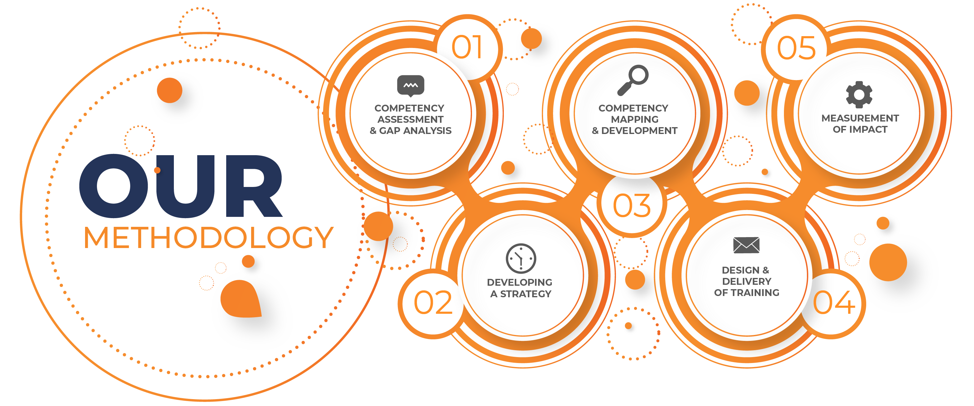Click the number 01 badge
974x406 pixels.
[468, 47]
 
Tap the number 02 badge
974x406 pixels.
[433, 303]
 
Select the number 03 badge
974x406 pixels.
[632, 206]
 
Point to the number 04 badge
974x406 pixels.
[834, 303]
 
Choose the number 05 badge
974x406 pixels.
[796, 47]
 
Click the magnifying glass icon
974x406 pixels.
[633, 80]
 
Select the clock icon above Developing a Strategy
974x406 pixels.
[521, 259]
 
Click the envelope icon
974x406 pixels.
[746, 245]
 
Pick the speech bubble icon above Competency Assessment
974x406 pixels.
[411, 86]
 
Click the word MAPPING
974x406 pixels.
[635, 119]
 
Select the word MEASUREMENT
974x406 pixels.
[860, 118]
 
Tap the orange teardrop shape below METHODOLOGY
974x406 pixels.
[241, 299]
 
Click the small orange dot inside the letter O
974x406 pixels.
[158, 170]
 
